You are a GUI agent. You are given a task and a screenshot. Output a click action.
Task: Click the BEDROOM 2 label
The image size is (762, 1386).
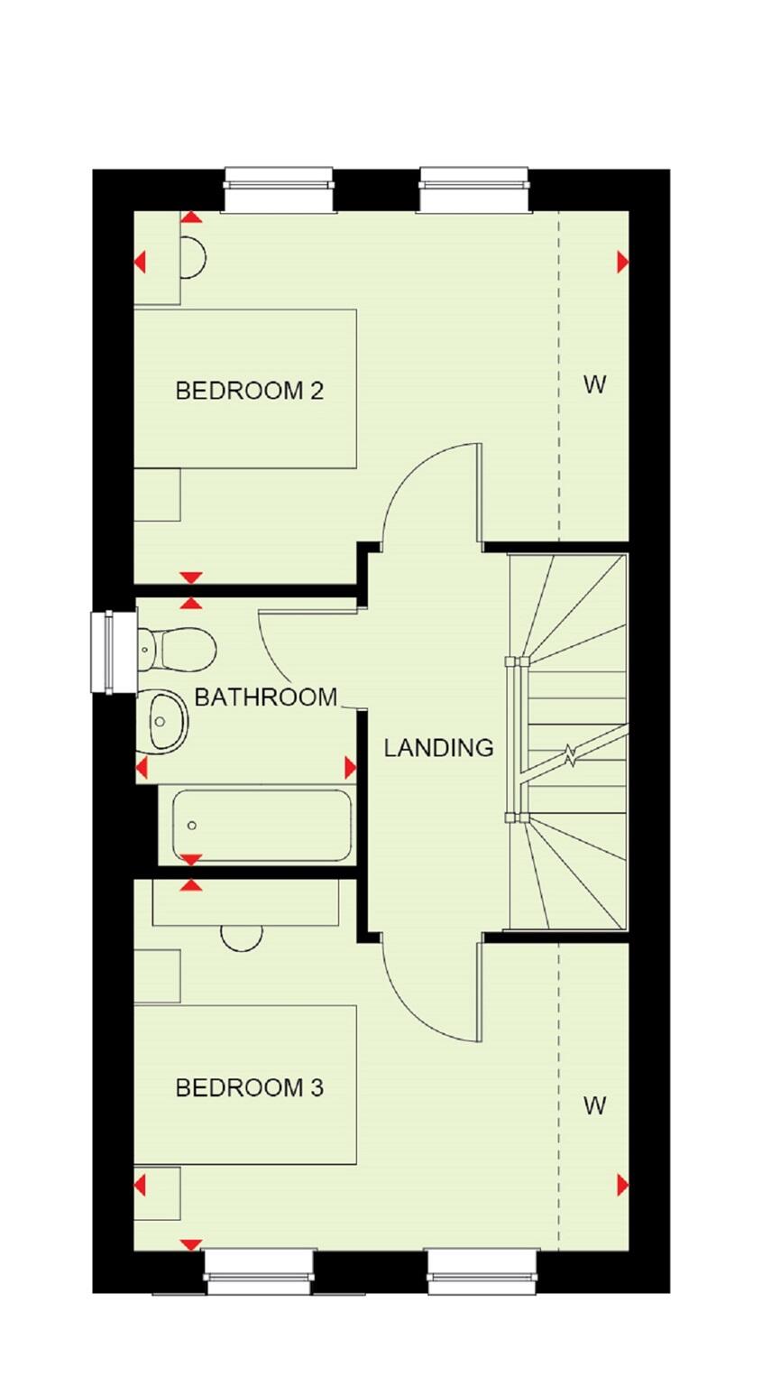(249, 391)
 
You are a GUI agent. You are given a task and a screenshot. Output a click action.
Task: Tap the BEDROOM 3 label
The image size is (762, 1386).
(249, 1088)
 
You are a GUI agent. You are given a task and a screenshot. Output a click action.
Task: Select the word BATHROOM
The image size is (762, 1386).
(265, 697)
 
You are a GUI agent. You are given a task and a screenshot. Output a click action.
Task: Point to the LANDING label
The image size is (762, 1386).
(438, 747)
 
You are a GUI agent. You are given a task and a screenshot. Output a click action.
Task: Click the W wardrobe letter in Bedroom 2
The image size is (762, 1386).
(594, 385)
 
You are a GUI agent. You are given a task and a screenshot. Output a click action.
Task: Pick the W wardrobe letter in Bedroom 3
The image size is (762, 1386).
(594, 1105)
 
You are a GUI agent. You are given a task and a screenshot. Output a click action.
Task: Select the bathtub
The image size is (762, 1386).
(262, 825)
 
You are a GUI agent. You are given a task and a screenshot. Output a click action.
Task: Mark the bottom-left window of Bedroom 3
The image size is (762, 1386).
(260, 1270)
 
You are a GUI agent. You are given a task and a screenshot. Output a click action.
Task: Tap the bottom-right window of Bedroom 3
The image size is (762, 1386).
(482, 1270)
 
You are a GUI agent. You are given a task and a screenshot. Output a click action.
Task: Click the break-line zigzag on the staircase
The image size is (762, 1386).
(569, 754)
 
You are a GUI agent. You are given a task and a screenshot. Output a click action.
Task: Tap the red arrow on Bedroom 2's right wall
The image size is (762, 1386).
(622, 262)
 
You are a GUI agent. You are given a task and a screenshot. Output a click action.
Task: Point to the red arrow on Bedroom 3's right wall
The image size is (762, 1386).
(622, 1185)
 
